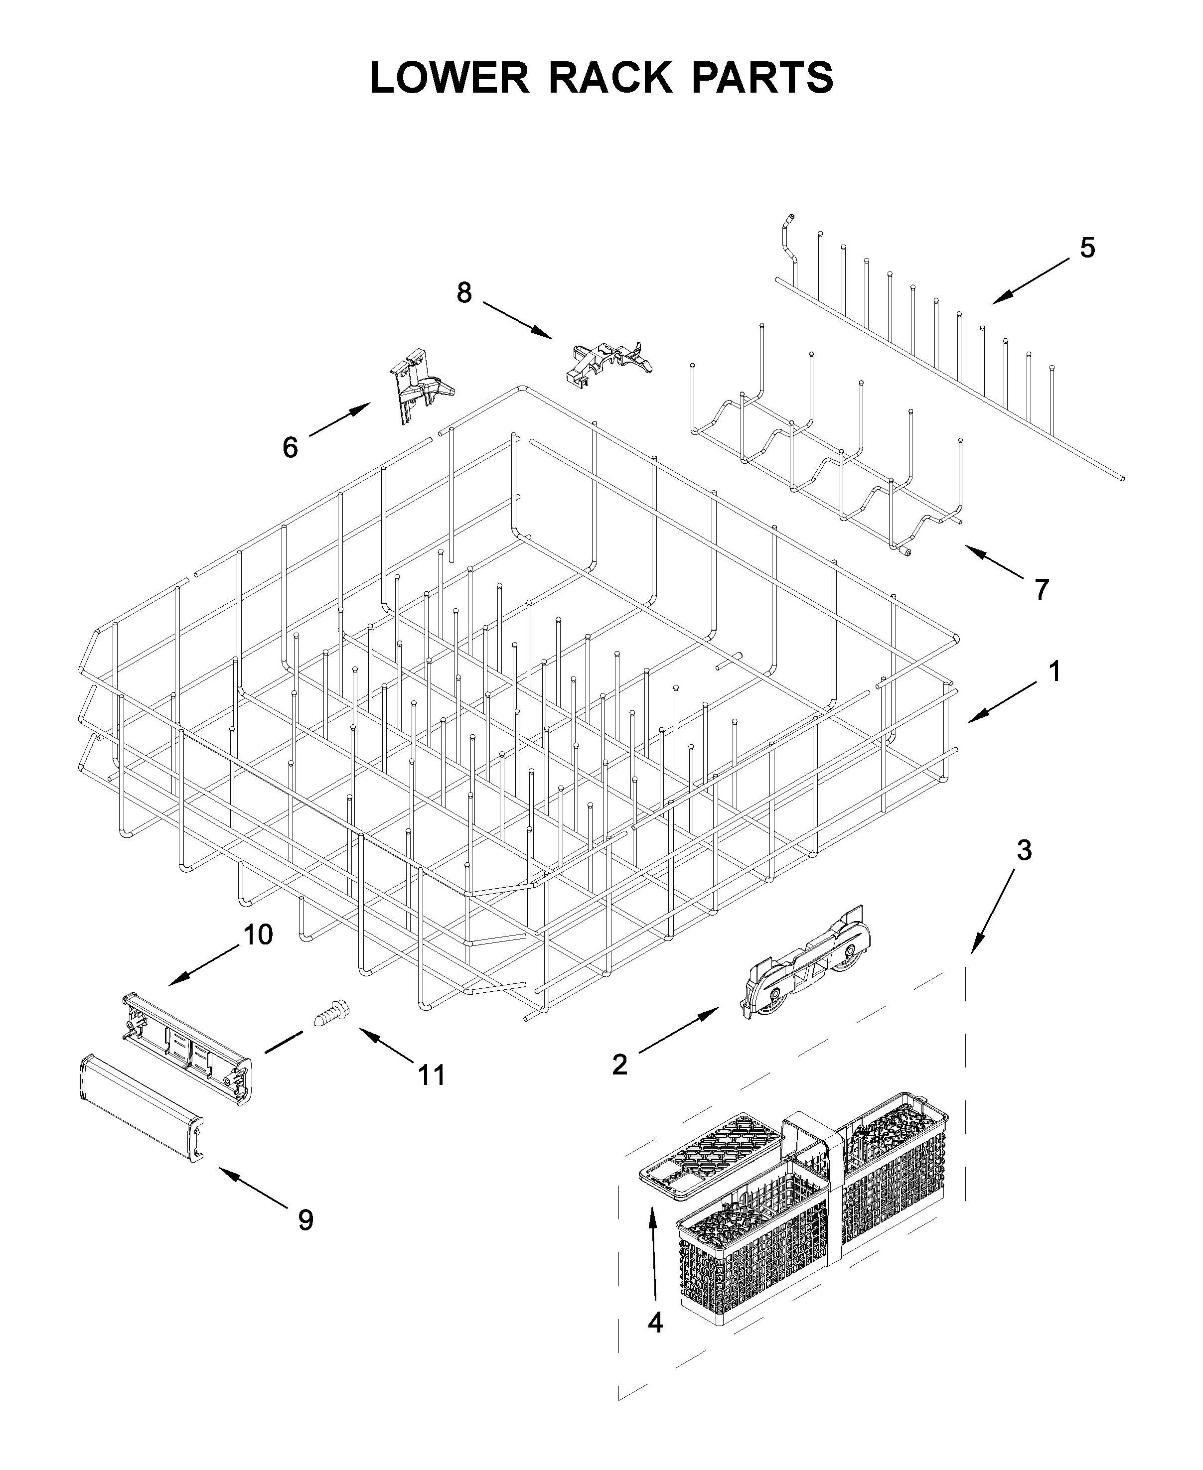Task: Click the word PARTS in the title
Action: pyautogui.click(x=762, y=78)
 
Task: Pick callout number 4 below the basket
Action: pyautogui.click(x=655, y=1323)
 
